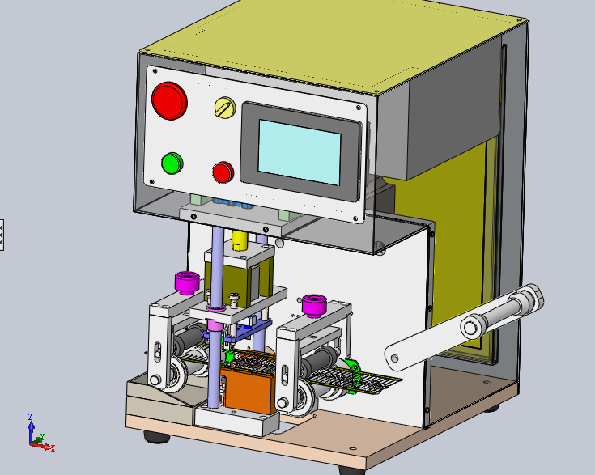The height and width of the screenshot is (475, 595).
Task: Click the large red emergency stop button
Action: [169, 100]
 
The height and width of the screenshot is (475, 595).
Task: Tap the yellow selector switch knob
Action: [225, 108]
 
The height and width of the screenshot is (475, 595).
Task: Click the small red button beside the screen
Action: [223, 172]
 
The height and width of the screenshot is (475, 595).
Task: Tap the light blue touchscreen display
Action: [300, 152]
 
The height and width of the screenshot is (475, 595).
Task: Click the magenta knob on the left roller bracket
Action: [187, 282]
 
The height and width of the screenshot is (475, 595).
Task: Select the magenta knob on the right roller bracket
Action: [314, 305]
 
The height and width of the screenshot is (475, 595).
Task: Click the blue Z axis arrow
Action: [31, 428]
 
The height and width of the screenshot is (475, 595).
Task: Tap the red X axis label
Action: [53, 448]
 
